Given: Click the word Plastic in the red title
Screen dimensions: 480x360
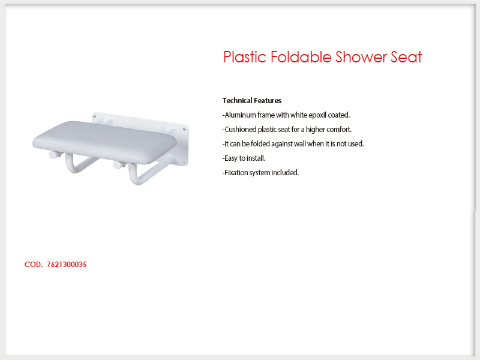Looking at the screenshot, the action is [245, 57].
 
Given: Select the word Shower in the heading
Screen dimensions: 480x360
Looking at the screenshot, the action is [361, 57].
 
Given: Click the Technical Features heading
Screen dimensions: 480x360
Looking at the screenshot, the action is [251, 101].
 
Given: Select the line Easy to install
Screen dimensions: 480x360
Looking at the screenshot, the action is [244, 158].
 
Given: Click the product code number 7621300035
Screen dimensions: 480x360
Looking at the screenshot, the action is [67, 265].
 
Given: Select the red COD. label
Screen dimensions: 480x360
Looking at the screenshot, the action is [34, 265].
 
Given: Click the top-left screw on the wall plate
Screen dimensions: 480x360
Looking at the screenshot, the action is [95, 116].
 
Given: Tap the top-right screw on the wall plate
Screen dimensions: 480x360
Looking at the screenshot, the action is [184, 130].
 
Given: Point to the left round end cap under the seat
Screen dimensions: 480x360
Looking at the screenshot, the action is [53, 155].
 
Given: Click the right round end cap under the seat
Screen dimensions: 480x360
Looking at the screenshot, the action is [117, 165].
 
